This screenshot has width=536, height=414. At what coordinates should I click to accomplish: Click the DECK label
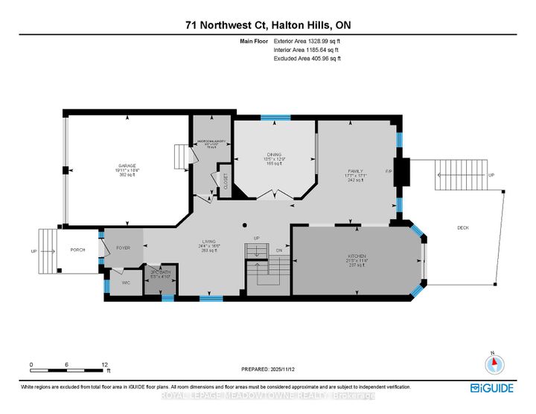pos(462,228)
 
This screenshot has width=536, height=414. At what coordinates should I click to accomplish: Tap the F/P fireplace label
pos(389,172)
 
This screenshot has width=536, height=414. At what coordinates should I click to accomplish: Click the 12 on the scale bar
pos(104,364)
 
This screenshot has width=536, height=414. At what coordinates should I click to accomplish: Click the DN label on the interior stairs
pos(280,251)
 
